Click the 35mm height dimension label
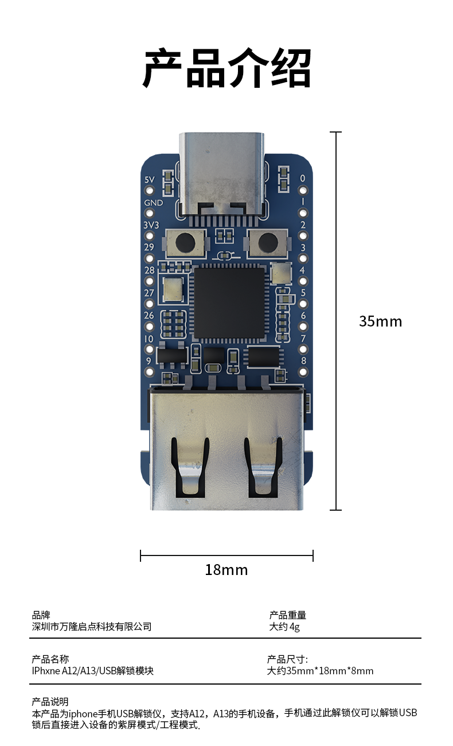pyautogui.click(x=380, y=321)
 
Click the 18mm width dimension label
pyautogui.click(x=226, y=570)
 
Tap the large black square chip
pyautogui.click(x=229, y=304)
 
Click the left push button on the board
pyautogui.click(x=185, y=243)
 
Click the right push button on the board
pyautogui.click(x=268, y=243)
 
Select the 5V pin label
pyautogui.click(x=150, y=180)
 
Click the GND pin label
pyautogui.click(x=154, y=203)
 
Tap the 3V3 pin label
pyautogui.click(x=151, y=225)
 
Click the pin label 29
pyautogui.click(x=149, y=247)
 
